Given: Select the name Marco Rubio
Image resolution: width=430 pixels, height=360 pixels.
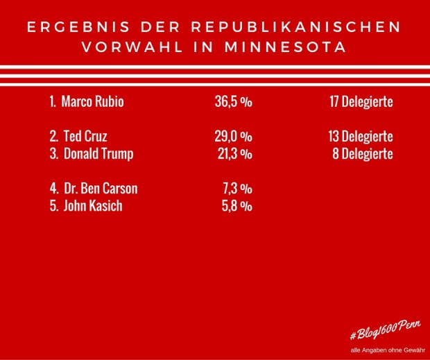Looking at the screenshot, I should tap(94, 102).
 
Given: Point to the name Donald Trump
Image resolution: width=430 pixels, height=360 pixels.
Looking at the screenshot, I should tap(98, 154).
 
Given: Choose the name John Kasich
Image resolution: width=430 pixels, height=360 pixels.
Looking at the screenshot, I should tap(93, 206).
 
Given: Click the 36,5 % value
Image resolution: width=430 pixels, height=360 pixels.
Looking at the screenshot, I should tap(233, 102).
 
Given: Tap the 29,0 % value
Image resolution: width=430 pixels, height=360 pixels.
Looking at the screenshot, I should tap(233, 137).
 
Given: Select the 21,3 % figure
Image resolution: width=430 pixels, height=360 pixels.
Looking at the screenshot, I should tap(233, 154).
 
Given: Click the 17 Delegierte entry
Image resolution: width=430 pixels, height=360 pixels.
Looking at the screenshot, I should tap(361, 102).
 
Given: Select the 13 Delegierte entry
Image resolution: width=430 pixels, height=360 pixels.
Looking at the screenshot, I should tap(361, 137).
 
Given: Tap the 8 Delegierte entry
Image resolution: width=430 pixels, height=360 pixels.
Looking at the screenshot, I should tap(365, 154).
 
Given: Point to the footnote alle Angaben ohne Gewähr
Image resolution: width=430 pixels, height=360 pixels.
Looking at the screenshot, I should tap(384, 349).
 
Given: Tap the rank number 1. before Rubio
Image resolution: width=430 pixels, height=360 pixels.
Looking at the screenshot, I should tap(53, 102).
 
